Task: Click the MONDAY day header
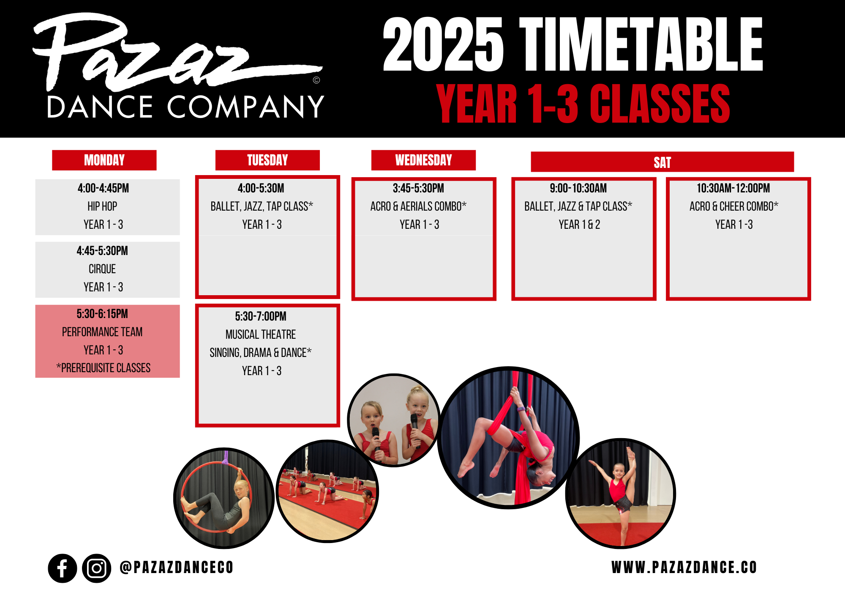click(x=104, y=160)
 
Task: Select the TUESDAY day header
click(x=267, y=160)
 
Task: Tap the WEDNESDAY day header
click(x=423, y=160)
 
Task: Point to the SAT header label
click(x=662, y=162)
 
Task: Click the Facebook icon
click(x=63, y=568)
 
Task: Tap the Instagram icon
click(x=97, y=568)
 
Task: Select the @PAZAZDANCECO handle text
click(x=177, y=568)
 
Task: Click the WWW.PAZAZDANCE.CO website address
click(x=684, y=568)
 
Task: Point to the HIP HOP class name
click(x=102, y=206)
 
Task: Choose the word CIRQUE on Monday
click(x=102, y=269)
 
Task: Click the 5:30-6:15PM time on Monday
click(x=102, y=314)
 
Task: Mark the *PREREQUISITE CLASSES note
click(x=104, y=368)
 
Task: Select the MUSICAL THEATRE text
click(x=261, y=335)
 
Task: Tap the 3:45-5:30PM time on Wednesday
click(x=418, y=188)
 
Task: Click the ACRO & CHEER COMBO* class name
click(x=734, y=206)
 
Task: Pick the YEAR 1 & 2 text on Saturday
click(x=579, y=225)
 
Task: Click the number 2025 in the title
click(x=443, y=45)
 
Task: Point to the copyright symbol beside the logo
click(x=316, y=80)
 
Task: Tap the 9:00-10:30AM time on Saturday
click(x=578, y=188)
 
